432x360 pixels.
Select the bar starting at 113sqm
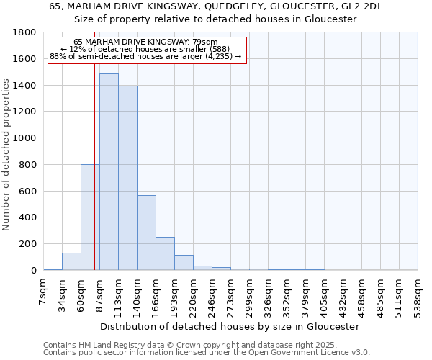(x=127, y=178)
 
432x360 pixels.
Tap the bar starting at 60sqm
(x=90, y=217)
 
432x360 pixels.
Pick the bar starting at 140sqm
(x=146, y=233)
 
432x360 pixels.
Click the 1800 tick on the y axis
(x=25, y=33)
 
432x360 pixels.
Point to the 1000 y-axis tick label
(x=25, y=138)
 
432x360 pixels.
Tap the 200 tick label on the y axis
(x=28, y=244)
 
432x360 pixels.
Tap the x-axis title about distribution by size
(x=230, y=326)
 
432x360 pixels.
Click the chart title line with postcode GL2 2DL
(x=216, y=6)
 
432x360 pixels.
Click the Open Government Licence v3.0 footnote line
(x=207, y=353)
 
